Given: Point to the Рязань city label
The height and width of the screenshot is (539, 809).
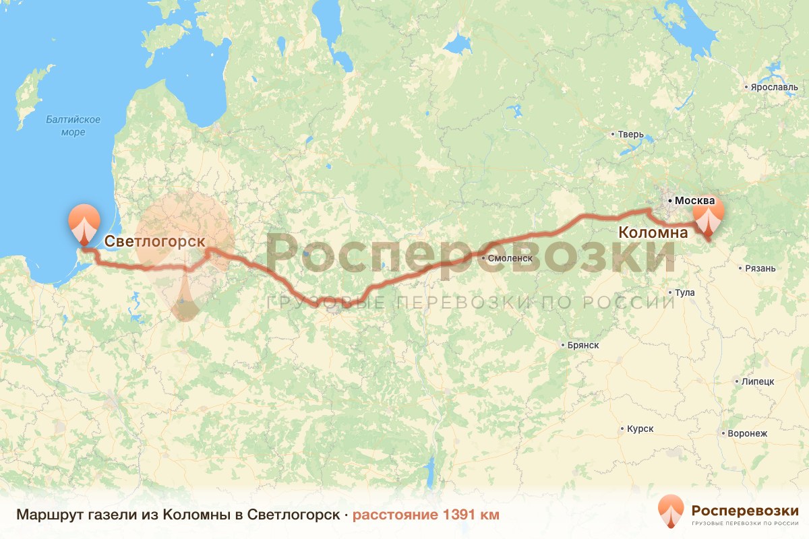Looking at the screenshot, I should tap(760, 268).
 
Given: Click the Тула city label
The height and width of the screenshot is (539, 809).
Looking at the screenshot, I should tap(684, 292).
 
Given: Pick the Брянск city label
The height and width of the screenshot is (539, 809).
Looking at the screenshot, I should tap(583, 345).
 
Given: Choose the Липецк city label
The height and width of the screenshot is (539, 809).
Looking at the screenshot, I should tap(758, 381).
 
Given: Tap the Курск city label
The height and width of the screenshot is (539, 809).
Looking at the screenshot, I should tap(640, 429).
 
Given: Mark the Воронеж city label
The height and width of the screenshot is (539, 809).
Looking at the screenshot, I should tap(747, 433).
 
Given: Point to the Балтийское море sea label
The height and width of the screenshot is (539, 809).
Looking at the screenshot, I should tap(73, 126).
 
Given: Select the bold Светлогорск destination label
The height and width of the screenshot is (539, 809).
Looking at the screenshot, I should tap(154, 241).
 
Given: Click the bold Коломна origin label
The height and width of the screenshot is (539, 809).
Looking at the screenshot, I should tap(653, 233).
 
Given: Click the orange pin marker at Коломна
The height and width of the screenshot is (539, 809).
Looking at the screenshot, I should tap(708, 216).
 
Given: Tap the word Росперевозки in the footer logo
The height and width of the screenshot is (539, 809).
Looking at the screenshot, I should tap(745, 509).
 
